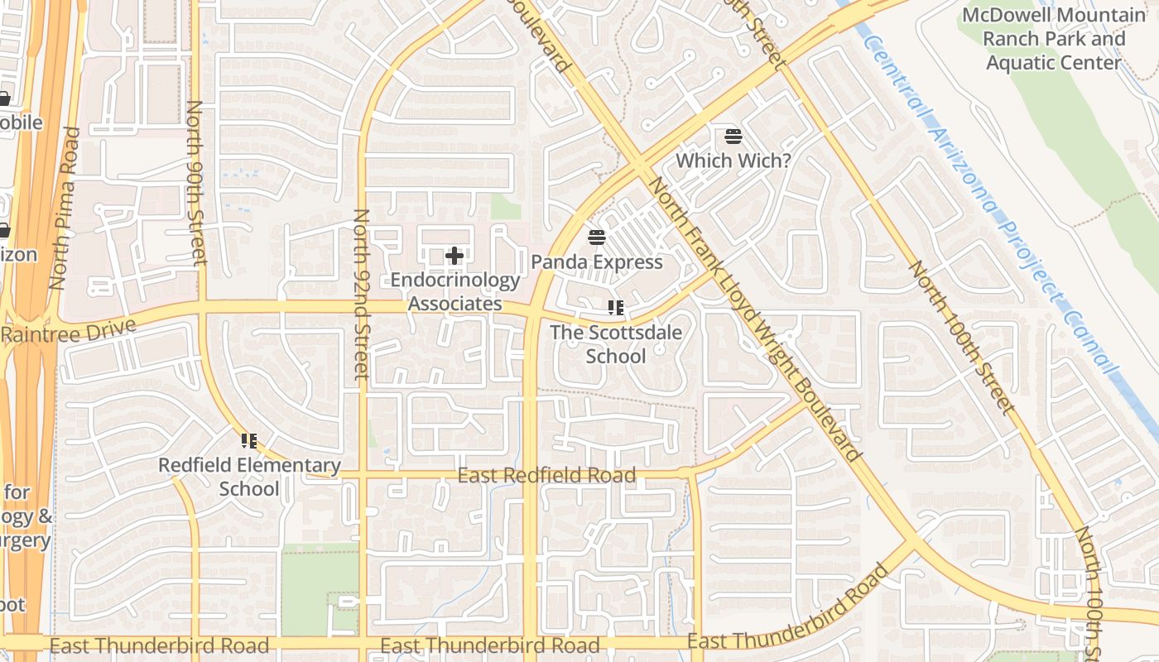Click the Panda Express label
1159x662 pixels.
[596, 262]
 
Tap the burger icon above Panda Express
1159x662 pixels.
[597, 238]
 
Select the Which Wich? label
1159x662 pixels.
[733, 161]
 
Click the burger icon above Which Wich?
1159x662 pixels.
[733, 136]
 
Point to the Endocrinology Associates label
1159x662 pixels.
[454, 292]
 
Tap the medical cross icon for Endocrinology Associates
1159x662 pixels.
[454, 256]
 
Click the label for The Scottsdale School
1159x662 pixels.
[616, 344]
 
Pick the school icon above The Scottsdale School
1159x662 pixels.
[616, 309]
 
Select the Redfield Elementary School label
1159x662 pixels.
[249, 477]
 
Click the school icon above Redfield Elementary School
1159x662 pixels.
[249, 441]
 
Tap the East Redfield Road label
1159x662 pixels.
[546, 476]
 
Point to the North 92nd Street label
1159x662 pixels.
[361, 294]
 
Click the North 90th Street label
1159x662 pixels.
[196, 183]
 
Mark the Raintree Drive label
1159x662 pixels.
[68, 332]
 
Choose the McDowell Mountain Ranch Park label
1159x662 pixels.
[1053, 39]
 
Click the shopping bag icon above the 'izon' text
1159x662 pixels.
[4, 230]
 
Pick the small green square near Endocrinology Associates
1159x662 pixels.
[505, 207]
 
